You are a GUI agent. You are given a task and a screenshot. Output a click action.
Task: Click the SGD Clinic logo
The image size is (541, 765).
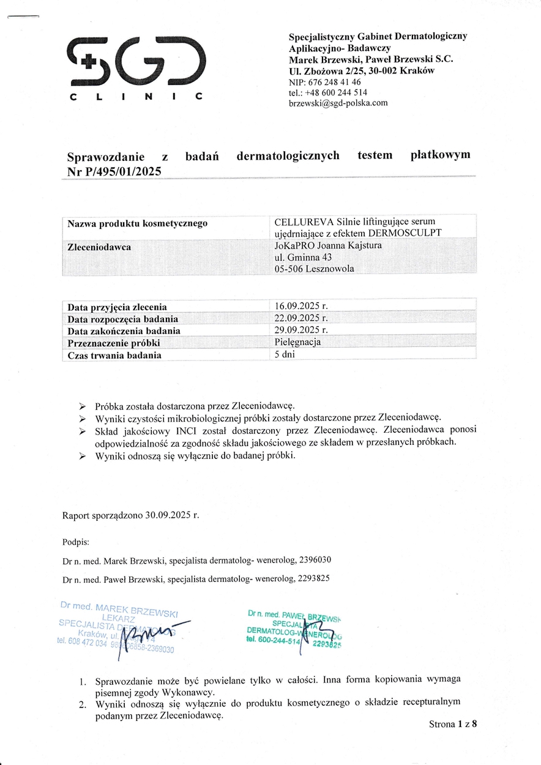click(135, 67)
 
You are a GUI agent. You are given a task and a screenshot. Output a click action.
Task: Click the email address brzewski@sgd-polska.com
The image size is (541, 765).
click(338, 103)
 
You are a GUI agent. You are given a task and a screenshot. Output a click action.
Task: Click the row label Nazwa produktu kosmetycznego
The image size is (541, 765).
click(137, 223)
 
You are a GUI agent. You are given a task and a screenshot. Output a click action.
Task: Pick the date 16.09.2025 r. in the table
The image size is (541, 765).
click(302, 305)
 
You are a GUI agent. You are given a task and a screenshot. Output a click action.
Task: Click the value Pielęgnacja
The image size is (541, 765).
click(297, 342)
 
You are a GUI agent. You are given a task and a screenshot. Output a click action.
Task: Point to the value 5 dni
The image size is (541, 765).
click(285, 354)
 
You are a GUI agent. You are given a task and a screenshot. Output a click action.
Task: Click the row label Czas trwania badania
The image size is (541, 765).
click(114, 355)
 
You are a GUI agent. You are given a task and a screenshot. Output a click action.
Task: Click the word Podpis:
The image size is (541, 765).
click(76, 542)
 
